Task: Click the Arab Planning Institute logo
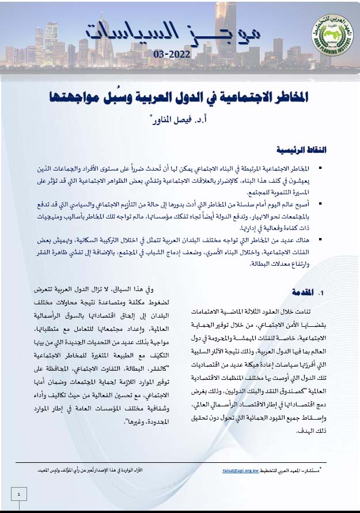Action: coord(326,32)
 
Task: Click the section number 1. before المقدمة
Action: coord(323,293)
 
